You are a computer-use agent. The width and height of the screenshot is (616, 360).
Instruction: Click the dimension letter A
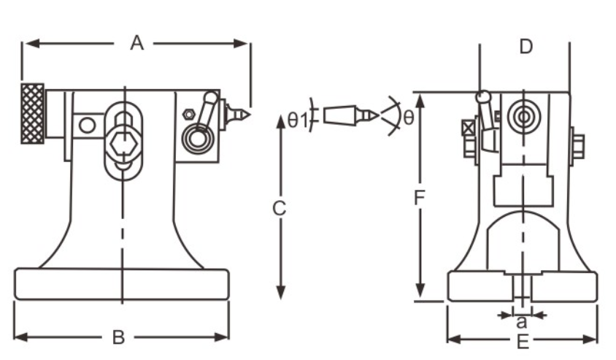tap(136, 44)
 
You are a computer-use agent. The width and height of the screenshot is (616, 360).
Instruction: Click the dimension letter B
tap(118, 337)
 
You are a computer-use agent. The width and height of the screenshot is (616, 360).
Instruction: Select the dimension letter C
tap(279, 209)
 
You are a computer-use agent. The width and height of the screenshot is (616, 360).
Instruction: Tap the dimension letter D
tap(525, 47)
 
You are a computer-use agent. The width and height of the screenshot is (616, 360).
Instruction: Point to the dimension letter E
tap(523, 340)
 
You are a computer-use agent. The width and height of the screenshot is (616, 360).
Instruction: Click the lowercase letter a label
tap(521, 321)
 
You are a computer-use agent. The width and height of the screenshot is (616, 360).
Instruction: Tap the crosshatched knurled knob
tap(32, 113)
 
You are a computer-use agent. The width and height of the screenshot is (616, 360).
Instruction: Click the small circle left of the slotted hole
tap(88, 125)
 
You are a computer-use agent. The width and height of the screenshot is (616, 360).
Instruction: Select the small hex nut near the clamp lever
tap(187, 114)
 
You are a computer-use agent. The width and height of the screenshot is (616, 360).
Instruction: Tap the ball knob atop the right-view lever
tap(482, 96)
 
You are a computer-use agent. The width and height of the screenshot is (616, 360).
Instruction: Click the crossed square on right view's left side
tap(468, 129)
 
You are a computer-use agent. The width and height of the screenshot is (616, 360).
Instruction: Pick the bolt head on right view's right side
tap(578, 145)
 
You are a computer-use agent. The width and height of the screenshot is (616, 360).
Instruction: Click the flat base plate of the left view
tap(121, 283)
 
